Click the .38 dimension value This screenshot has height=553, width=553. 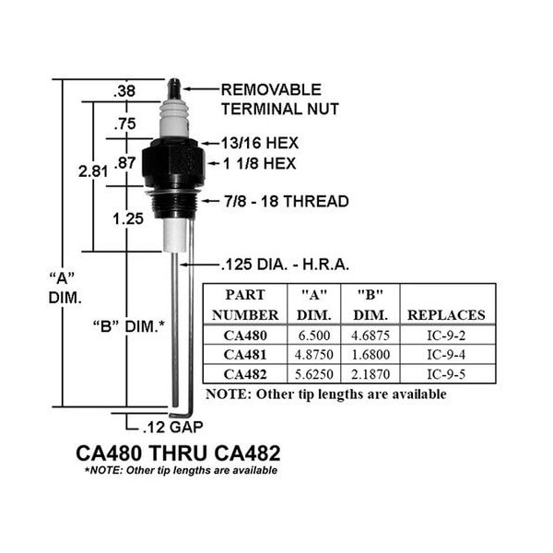click(124, 91)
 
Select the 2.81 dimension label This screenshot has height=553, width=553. click(93, 171)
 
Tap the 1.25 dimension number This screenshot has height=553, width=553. click(128, 218)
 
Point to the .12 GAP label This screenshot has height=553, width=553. click(173, 427)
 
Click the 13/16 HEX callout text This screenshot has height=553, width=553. click(260, 143)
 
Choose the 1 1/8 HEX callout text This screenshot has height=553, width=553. click(259, 163)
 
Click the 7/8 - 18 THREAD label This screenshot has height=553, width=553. click(287, 201)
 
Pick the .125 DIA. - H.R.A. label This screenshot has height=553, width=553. click(285, 265)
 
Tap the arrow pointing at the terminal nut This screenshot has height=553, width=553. click(201, 88)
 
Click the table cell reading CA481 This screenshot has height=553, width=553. click(245, 355)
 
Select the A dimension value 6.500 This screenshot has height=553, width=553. click(314, 335)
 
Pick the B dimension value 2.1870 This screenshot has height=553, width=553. click(371, 374)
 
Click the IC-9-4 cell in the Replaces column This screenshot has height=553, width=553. click(446, 355)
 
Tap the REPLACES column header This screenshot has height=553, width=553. click(446, 315)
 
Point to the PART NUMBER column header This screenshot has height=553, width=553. click(245, 305)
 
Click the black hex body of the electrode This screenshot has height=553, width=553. click(173, 163)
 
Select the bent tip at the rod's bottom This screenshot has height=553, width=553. click(180, 413)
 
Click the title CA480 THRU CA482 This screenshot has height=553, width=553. click(178, 453)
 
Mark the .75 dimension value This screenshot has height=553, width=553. click(124, 124)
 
